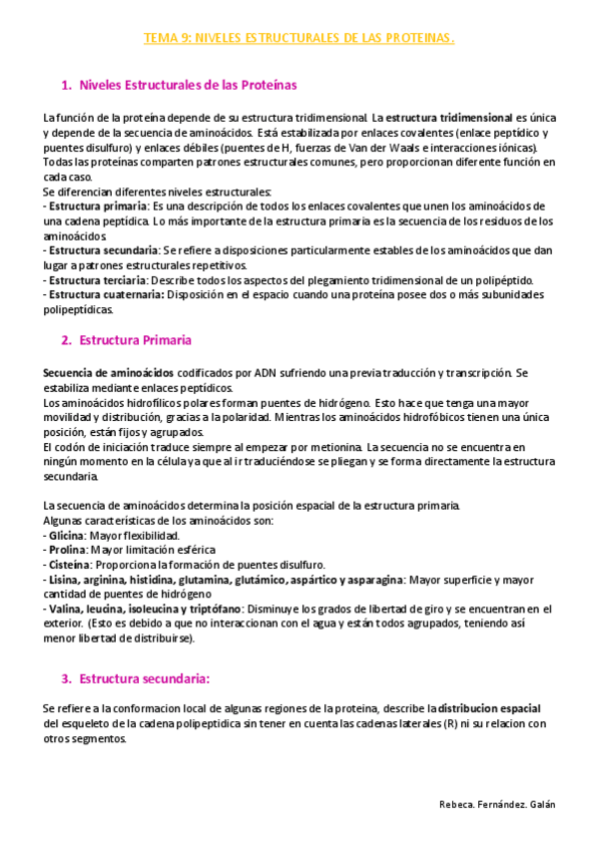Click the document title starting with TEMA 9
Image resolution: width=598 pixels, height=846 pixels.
299,39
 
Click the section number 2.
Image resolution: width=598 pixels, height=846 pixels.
66,340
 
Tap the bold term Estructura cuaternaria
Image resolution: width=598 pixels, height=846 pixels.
103,294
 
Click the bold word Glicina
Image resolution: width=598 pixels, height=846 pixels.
66,536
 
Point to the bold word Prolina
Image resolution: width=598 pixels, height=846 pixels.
67,550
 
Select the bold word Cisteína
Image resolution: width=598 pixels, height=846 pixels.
69,565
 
